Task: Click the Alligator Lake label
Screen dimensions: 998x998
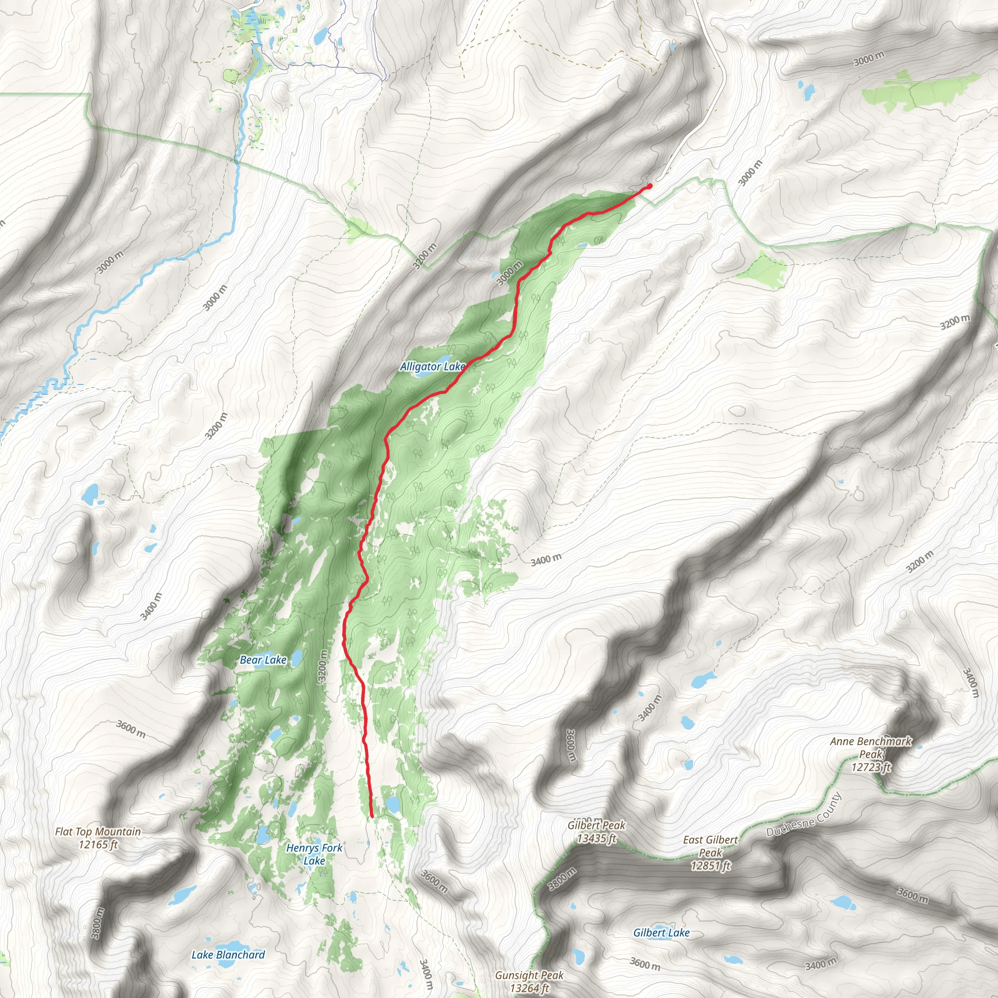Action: (432, 367)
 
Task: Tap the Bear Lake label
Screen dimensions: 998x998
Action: (263, 660)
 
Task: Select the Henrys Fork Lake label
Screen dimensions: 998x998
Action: (314, 854)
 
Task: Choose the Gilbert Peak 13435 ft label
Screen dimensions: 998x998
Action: (596, 832)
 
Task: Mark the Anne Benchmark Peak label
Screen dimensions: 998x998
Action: (871, 754)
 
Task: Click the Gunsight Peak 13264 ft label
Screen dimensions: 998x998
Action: (529, 981)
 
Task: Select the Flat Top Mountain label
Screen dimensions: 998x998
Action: (97, 838)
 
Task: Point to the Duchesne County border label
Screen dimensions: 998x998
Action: (804, 814)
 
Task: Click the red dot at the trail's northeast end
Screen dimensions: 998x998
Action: (649, 186)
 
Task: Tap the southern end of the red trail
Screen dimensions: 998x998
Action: (372, 817)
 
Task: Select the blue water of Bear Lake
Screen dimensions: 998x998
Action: (296, 658)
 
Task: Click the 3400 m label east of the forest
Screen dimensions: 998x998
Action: (545, 559)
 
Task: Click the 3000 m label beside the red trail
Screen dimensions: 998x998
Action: (509, 274)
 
